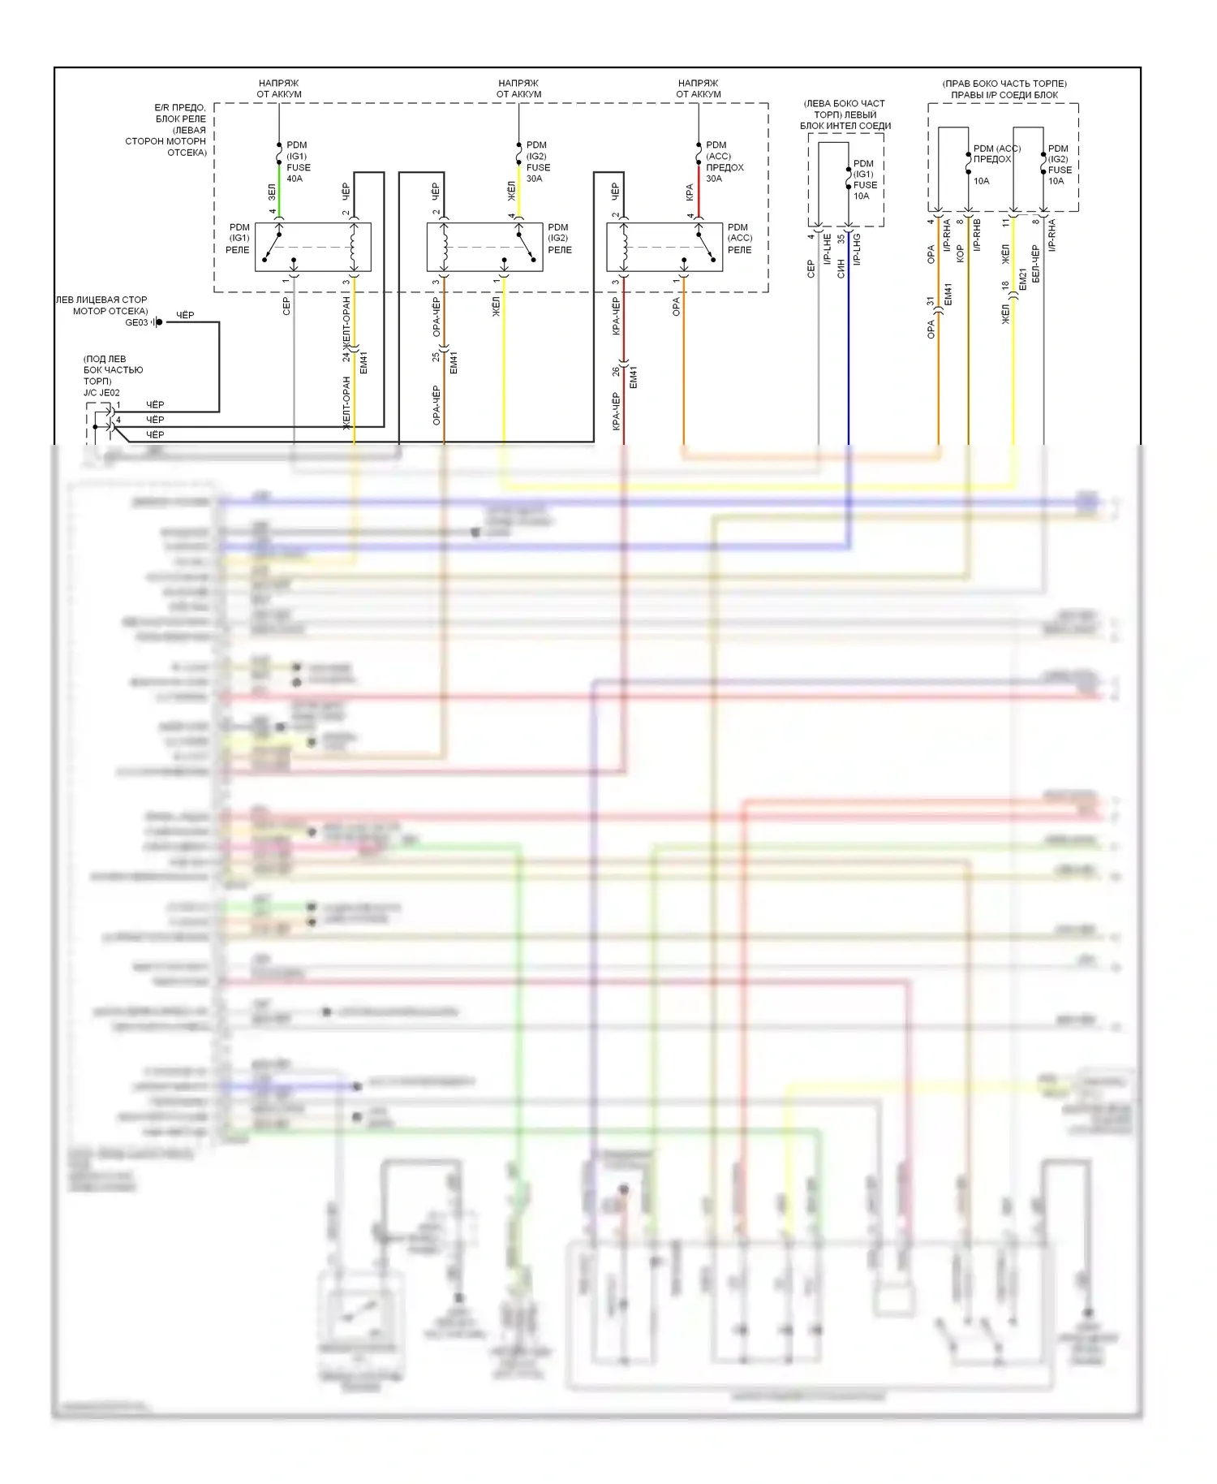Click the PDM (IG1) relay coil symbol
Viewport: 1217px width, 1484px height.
tap(354, 247)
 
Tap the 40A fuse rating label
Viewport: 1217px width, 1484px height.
tap(295, 179)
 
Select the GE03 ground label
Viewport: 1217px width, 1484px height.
tap(136, 322)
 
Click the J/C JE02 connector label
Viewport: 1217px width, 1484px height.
tap(101, 393)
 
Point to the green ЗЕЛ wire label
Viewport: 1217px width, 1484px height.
tap(272, 192)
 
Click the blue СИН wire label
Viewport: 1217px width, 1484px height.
tap(841, 269)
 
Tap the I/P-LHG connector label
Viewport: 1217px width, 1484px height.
tap(857, 249)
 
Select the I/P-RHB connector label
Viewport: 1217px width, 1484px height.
tap(977, 235)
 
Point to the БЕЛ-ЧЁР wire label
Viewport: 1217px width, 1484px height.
tap(1035, 264)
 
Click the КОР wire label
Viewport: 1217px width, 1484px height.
tap(960, 253)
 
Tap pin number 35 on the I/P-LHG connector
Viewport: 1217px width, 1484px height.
tap(841, 239)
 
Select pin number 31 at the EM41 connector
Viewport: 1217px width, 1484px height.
tap(931, 302)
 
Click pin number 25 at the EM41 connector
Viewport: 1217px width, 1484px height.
tap(436, 356)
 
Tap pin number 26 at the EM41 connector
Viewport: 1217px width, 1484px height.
tap(616, 371)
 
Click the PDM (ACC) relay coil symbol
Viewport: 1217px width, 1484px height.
tap(625, 247)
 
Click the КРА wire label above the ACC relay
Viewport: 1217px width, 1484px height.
tap(690, 192)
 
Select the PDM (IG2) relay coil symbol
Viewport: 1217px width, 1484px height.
tap(445, 247)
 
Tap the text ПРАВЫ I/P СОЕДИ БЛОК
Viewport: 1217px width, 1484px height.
tap(1004, 95)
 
